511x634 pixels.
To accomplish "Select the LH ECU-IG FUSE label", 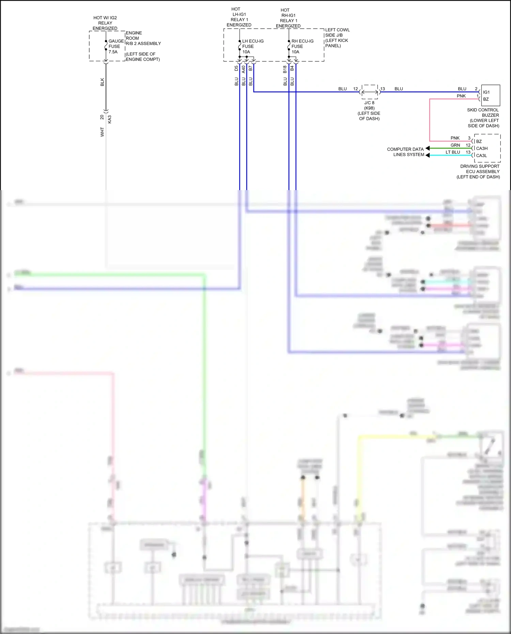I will coord(252,46).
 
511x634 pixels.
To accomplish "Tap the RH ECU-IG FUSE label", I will coord(302,46).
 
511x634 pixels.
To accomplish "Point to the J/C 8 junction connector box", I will coord(370,92).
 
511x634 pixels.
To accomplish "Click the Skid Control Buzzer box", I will coord(491,95).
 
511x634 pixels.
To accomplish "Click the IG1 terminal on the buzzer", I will coord(486,92).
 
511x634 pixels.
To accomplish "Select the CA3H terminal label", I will coord(482,149).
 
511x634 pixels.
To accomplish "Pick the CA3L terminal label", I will coord(481,156).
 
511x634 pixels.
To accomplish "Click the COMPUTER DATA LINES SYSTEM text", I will coord(406,152).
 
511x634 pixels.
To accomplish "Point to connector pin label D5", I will coord(236,68).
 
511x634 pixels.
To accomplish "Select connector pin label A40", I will coord(244,69).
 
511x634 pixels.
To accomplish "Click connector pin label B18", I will coord(285,69).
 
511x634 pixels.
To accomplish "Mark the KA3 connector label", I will coord(110,119).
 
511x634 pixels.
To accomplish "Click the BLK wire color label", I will coord(102,82).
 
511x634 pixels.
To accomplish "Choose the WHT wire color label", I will coord(102,132).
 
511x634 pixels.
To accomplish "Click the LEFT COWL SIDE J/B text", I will coord(337,37).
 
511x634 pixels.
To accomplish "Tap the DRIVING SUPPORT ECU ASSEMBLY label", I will coord(480,171).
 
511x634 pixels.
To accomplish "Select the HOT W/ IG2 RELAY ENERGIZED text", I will coord(105,23).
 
